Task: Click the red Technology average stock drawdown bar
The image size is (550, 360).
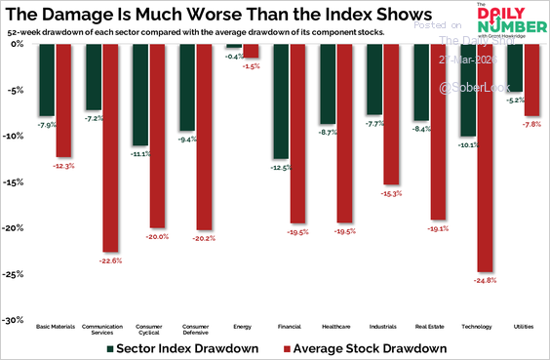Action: (x=486, y=156)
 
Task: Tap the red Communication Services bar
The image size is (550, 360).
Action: (x=110, y=146)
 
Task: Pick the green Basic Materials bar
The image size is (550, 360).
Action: (x=46, y=79)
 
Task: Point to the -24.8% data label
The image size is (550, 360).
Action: (x=486, y=280)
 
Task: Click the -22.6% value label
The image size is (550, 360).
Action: (x=110, y=260)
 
